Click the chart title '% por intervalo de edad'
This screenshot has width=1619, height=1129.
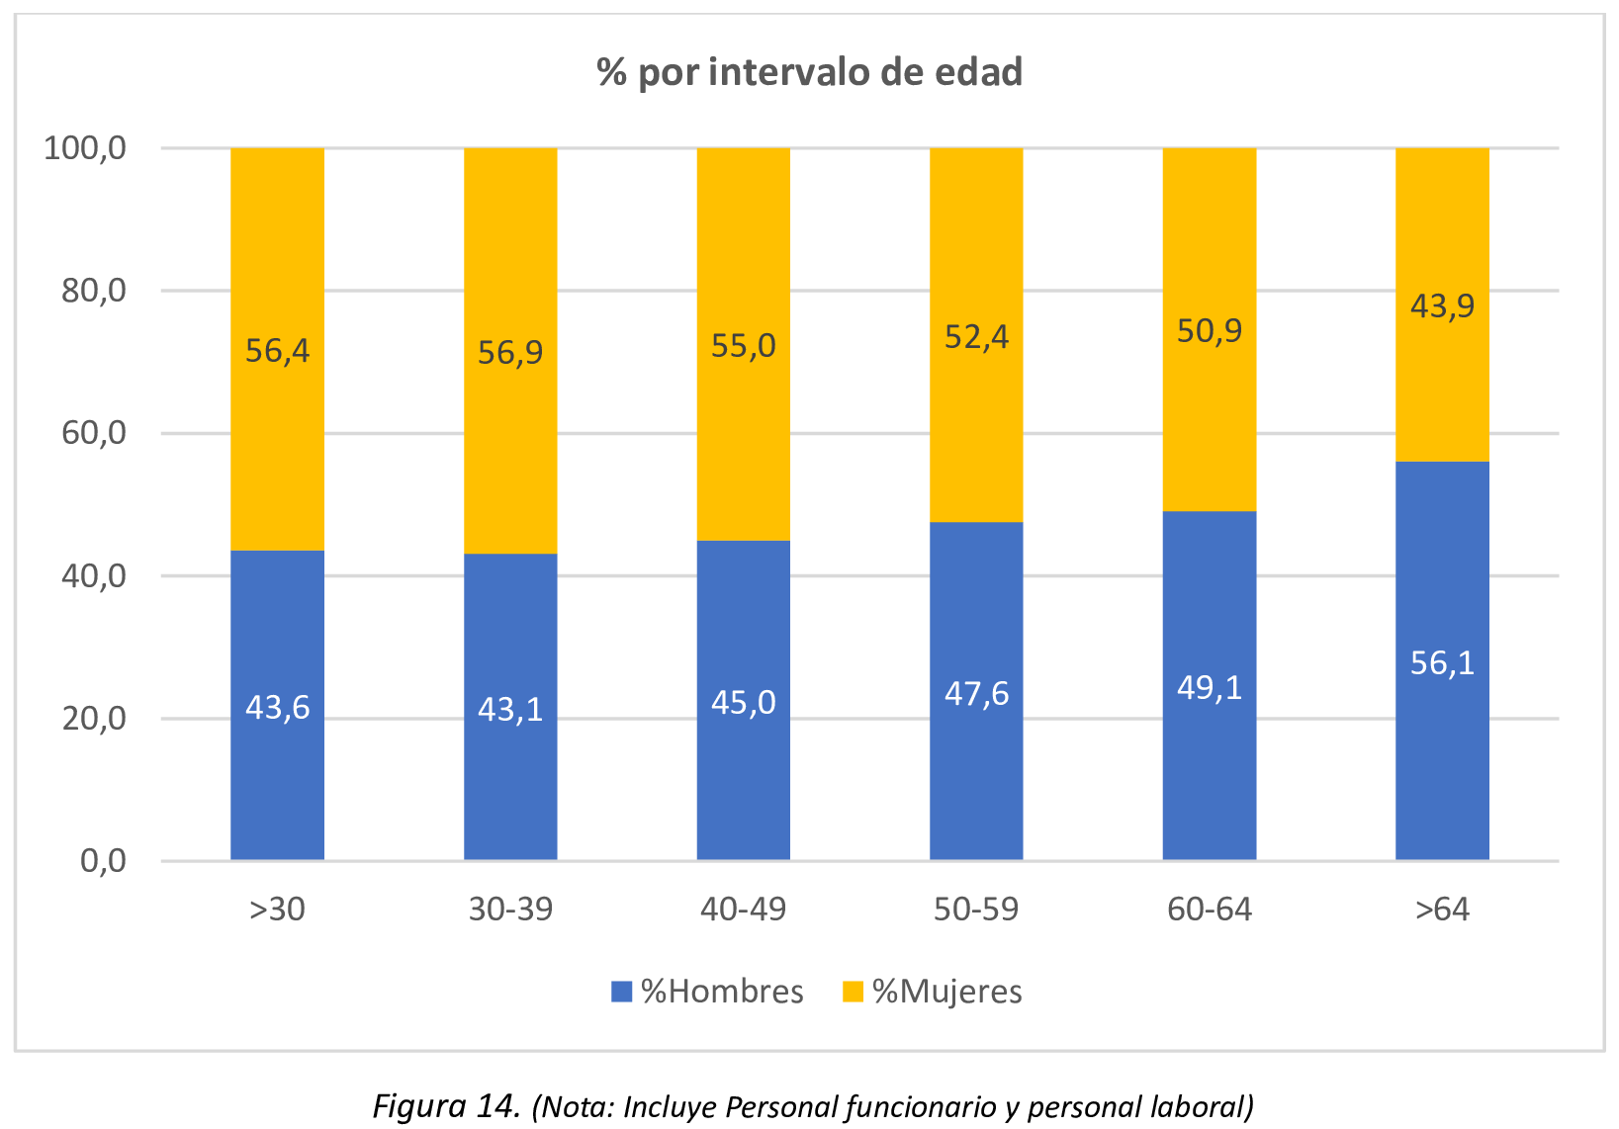[809, 73]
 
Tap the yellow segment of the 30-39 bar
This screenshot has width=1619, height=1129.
[510, 247]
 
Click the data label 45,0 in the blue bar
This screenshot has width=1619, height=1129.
[743, 703]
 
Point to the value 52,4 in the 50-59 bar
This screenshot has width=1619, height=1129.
[976, 338]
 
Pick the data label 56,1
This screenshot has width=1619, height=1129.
[1442, 663]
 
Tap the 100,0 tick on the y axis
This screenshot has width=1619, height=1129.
[86, 148]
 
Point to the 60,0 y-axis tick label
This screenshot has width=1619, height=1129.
[94, 433]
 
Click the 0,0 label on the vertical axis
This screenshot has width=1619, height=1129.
[103, 861]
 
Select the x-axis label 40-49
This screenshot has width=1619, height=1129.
[743, 910]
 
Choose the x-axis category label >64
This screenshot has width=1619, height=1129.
[1442, 910]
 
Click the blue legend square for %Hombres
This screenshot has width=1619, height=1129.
[621, 992]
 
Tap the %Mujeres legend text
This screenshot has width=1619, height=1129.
[946, 992]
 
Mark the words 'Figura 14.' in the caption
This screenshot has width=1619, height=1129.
[446, 1105]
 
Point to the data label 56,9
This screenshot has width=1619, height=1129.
[510, 353]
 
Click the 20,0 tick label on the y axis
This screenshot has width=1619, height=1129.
[94, 719]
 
